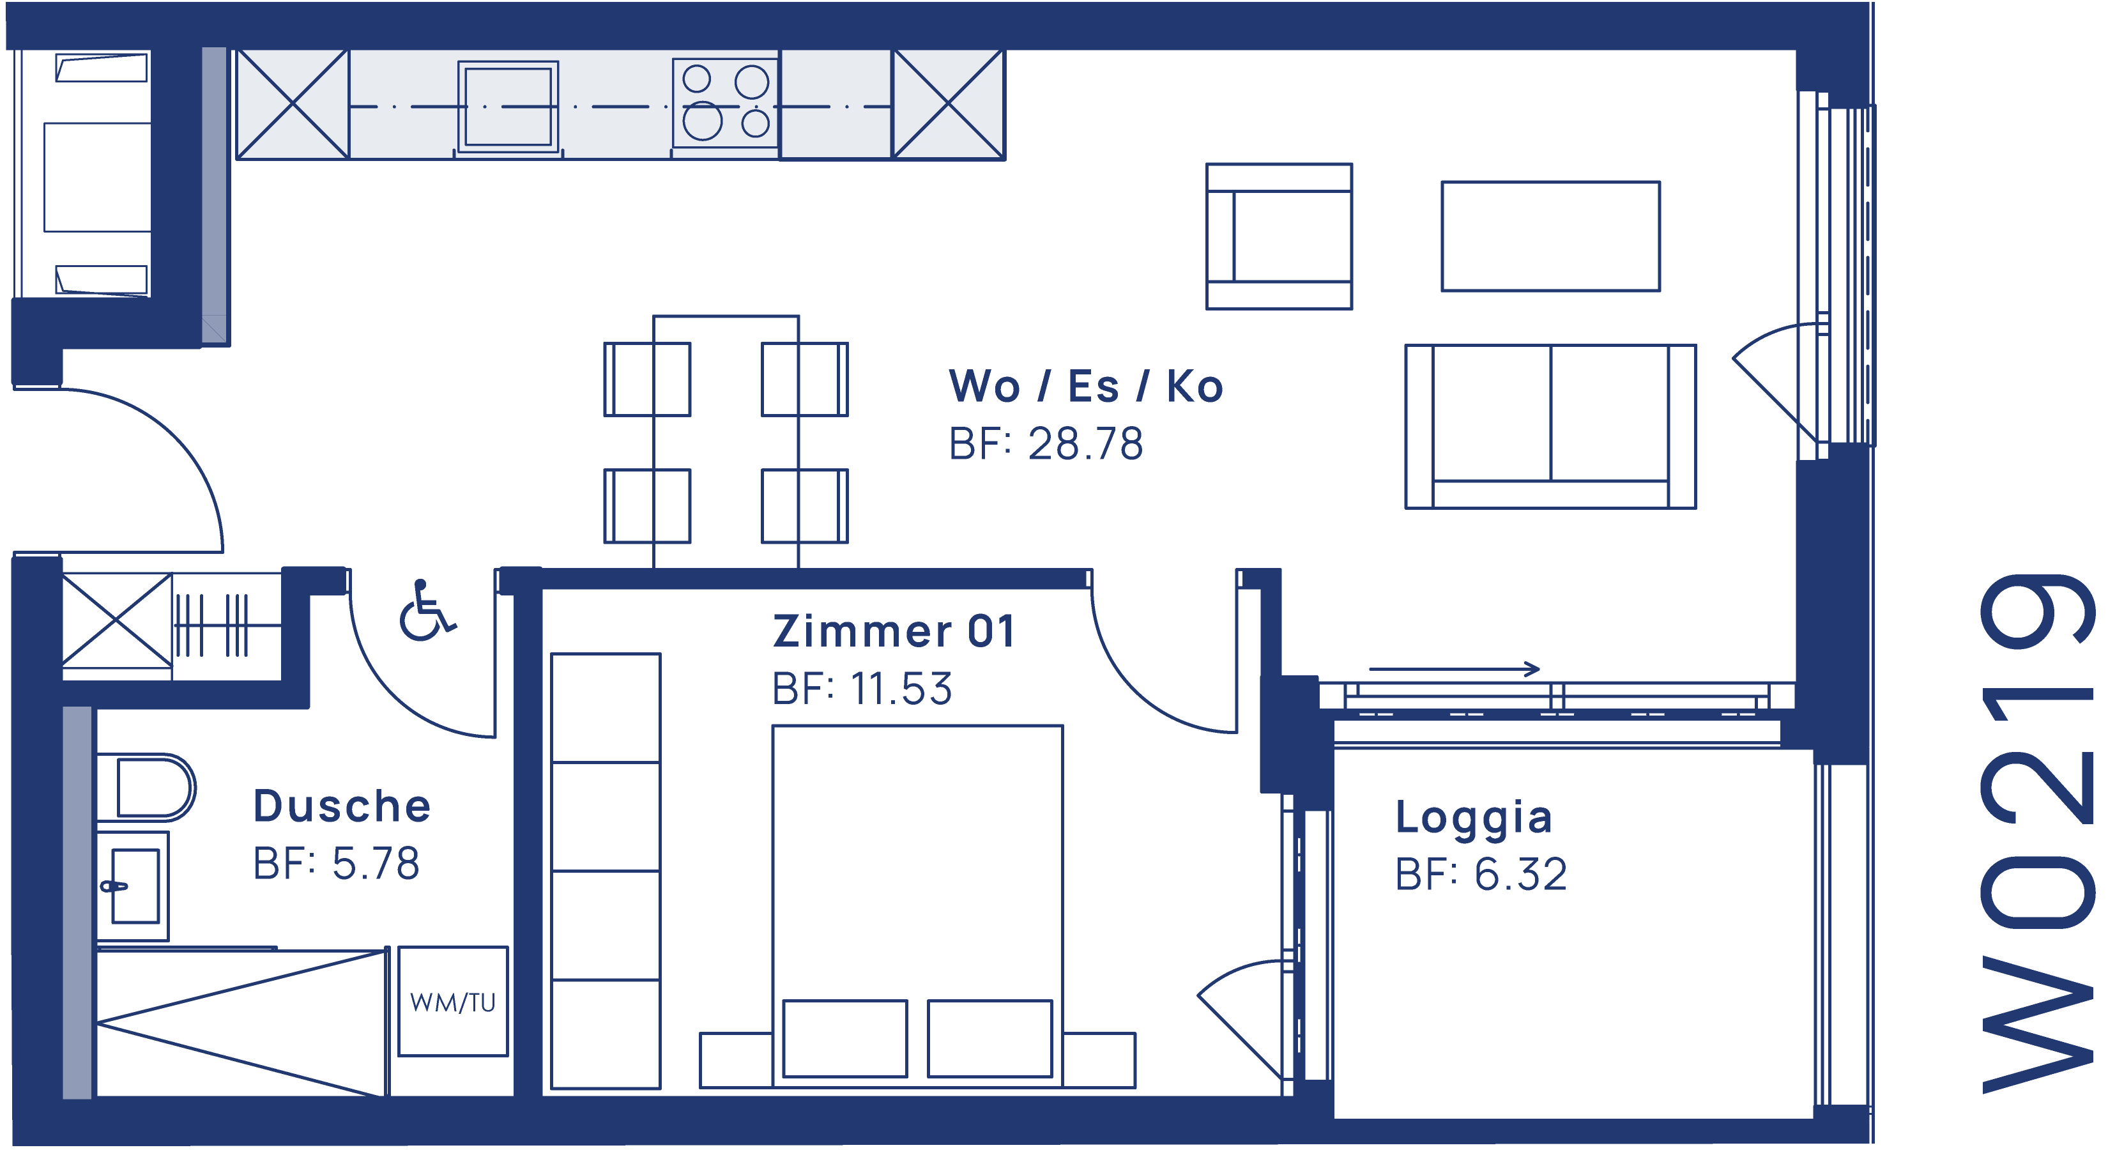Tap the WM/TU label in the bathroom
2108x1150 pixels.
pos(452,1002)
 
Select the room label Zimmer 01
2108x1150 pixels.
pos(894,632)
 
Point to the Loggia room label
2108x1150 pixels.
pos(1473,818)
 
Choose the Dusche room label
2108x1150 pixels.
pos(342,806)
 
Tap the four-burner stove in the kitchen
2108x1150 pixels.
pos(725,103)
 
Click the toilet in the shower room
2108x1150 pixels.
pos(148,787)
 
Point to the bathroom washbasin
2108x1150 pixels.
pos(134,885)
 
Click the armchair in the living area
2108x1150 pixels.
pos(1279,236)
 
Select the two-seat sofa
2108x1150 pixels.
pos(1550,426)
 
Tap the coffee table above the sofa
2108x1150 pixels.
pos(1550,236)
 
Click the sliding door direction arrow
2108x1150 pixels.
pos(1454,670)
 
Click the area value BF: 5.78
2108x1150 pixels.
pos(337,864)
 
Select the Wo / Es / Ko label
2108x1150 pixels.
pos(1086,387)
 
